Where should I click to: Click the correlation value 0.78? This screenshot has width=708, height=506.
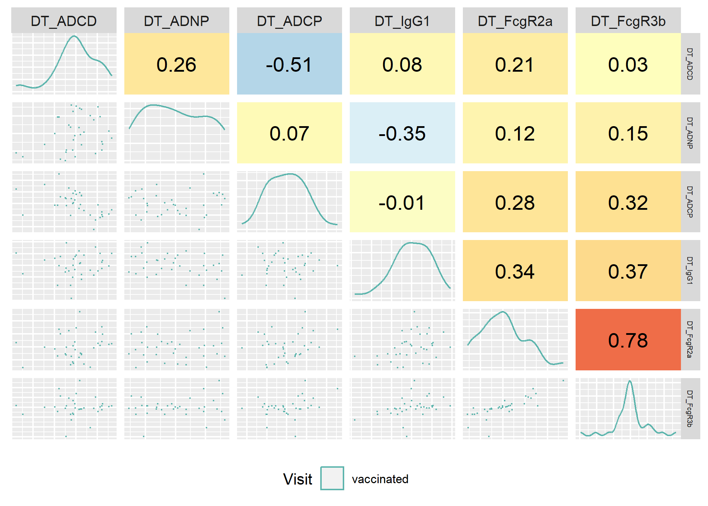[x=628, y=340]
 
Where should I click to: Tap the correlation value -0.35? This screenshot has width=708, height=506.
[x=402, y=133]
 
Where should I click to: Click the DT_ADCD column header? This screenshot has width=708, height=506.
[x=64, y=21]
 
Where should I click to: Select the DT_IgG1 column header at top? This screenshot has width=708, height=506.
[x=402, y=21]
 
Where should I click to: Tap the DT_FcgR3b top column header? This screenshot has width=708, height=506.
[x=628, y=21]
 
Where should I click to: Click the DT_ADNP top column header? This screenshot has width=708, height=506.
[x=177, y=21]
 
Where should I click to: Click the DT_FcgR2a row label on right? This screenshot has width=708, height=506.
[x=690, y=340]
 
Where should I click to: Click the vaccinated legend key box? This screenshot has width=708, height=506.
[x=332, y=478]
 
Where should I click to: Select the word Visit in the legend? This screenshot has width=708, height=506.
[x=298, y=479]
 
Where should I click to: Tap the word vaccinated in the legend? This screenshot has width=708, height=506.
[x=380, y=479]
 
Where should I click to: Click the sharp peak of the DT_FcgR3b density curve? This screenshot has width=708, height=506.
[x=630, y=381]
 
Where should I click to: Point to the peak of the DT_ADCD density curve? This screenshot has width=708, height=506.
[x=74, y=36]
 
